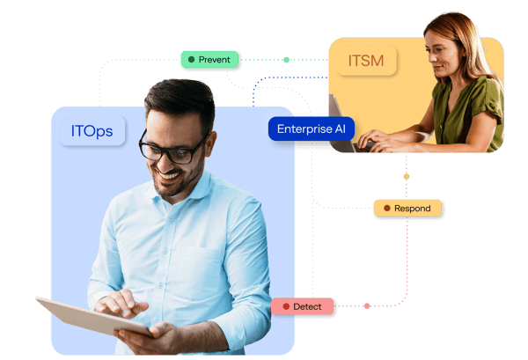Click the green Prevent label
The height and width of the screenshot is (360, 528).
pyautogui.click(x=209, y=60)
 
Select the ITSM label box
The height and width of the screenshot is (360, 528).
pyautogui.click(x=366, y=61)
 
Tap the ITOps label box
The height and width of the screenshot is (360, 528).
pyautogui.click(x=92, y=130)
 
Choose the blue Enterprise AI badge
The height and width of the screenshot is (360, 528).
pyautogui.click(x=312, y=129)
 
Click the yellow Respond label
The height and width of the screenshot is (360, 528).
pyautogui.click(x=407, y=208)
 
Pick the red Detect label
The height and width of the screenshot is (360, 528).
pyautogui.click(x=303, y=306)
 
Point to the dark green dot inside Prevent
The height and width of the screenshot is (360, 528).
pyautogui.click(x=192, y=60)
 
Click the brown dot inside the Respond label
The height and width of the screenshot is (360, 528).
pyautogui.click(x=387, y=208)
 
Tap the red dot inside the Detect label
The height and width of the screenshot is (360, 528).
pyautogui.click(x=286, y=306)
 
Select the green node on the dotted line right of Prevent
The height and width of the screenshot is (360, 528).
pyautogui.click(x=286, y=60)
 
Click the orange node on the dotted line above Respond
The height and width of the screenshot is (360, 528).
pyautogui.click(x=407, y=176)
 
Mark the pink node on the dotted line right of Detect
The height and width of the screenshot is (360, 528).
pyautogui.click(x=367, y=305)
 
